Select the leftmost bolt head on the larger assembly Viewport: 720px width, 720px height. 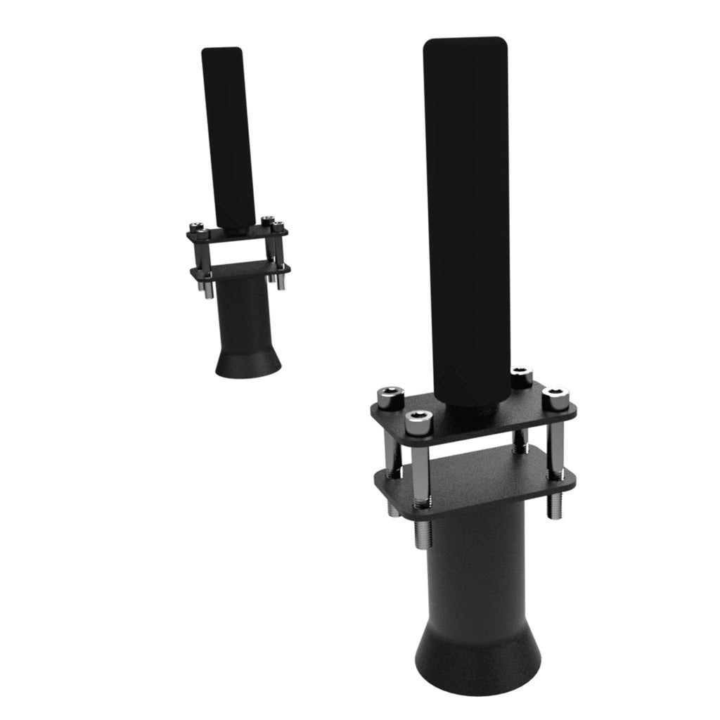[387, 397]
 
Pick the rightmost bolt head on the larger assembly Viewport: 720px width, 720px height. [555, 397]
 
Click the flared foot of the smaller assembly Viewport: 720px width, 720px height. [247, 359]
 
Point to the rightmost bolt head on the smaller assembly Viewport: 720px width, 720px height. [279, 226]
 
